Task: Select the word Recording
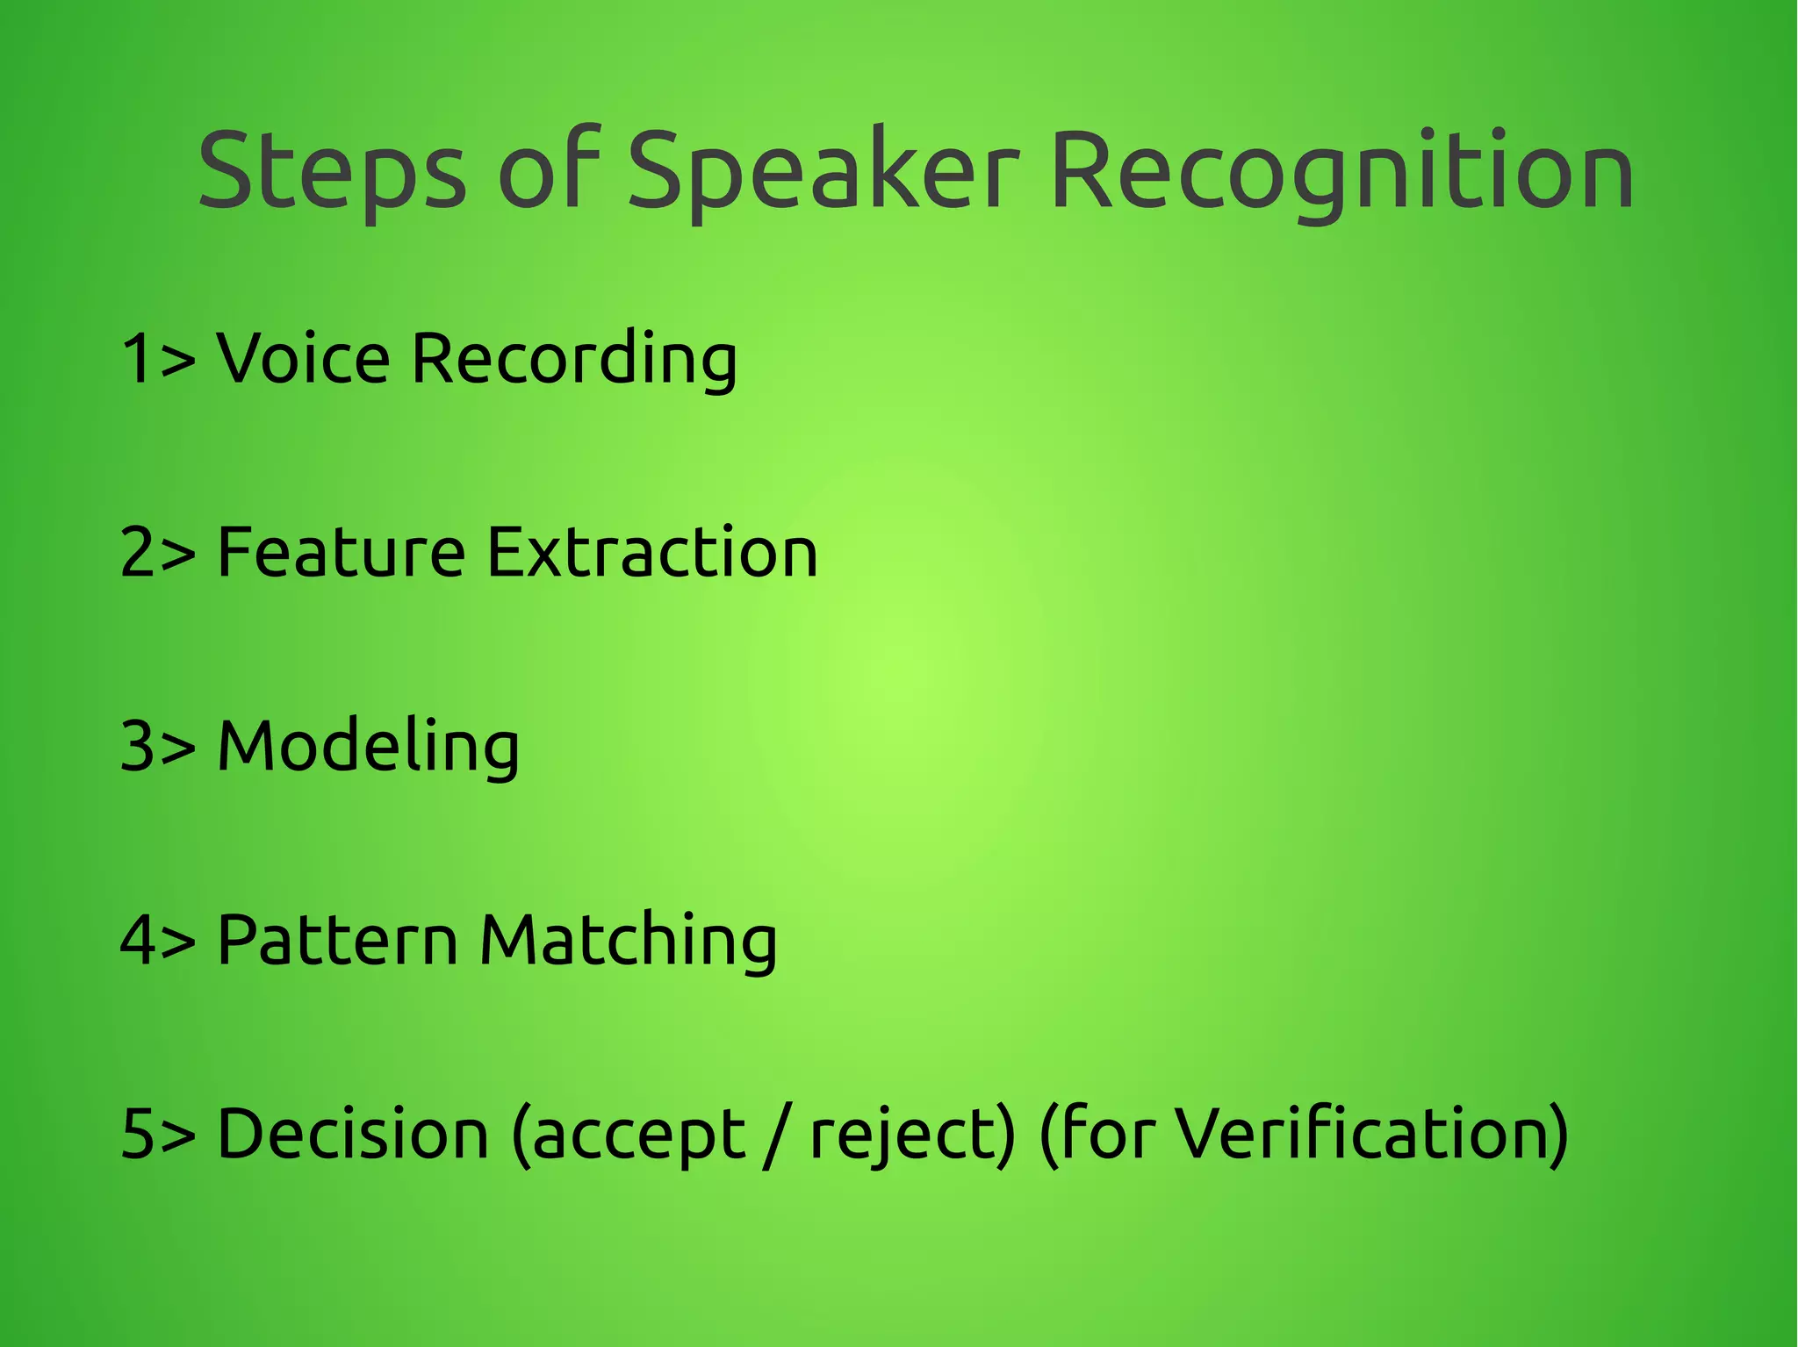tap(574, 360)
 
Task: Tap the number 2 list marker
tap(138, 552)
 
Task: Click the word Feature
tap(341, 552)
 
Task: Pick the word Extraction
tap(651, 552)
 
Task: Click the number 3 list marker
tap(138, 746)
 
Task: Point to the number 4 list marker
tap(138, 940)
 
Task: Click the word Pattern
tap(337, 940)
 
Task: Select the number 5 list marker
tap(138, 1134)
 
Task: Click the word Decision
tap(352, 1134)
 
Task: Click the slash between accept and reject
tap(772, 1136)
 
